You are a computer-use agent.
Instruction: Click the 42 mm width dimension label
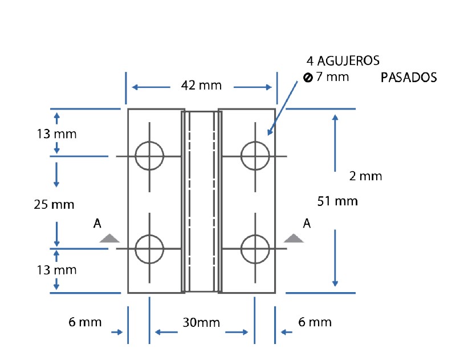click(201, 86)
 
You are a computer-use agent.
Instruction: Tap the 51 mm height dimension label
click(337, 201)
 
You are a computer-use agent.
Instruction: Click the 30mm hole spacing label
click(201, 323)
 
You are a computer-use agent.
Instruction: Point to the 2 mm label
click(365, 176)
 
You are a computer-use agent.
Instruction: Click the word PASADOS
click(409, 78)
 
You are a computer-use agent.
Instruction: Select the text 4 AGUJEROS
click(343, 61)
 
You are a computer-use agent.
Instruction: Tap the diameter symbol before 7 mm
click(308, 78)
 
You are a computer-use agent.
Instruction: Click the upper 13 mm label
click(56, 135)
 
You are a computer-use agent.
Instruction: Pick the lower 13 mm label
click(56, 269)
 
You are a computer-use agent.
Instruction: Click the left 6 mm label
click(85, 322)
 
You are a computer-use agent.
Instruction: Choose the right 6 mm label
click(315, 322)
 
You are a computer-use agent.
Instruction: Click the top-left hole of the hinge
click(149, 156)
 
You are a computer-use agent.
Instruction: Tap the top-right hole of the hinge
click(255, 156)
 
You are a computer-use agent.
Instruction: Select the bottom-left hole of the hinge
click(149, 249)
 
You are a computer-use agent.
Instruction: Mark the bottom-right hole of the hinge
click(255, 249)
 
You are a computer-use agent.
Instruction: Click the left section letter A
click(97, 224)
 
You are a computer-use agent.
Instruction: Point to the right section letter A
click(307, 223)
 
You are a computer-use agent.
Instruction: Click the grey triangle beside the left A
click(109, 238)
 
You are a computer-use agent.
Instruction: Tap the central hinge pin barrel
click(201, 201)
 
